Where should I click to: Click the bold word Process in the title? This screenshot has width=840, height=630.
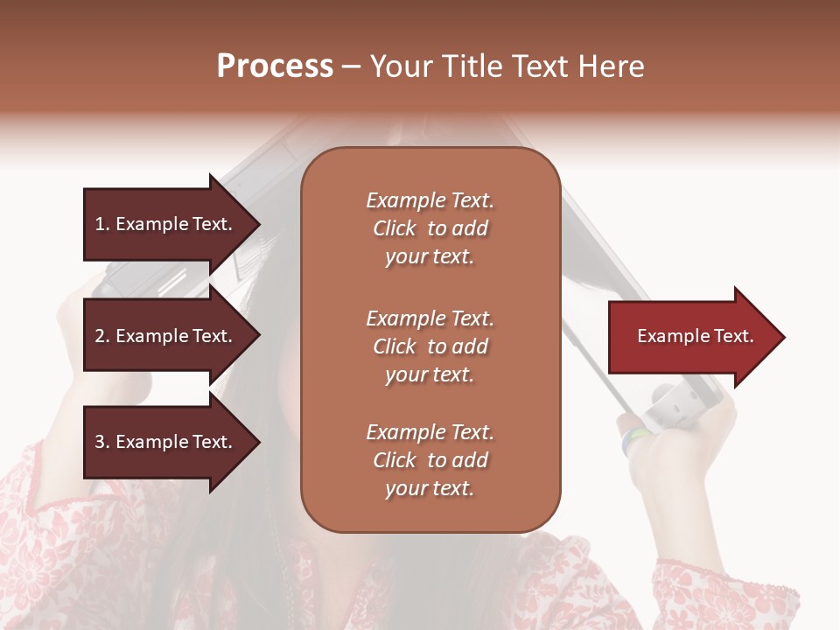(x=275, y=66)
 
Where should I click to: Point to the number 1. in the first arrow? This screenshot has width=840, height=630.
(x=102, y=224)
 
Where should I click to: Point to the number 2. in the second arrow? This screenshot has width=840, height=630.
(x=102, y=336)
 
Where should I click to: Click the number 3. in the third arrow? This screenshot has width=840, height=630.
(x=102, y=442)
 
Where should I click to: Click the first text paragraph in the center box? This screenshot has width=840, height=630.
(x=430, y=228)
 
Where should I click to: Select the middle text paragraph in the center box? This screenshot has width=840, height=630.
(x=430, y=346)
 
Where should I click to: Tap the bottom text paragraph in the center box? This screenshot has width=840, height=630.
(x=430, y=460)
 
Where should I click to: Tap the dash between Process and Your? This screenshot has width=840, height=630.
(x=351, y=67)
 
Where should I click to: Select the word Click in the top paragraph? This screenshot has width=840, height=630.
(x=395, y=228)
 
